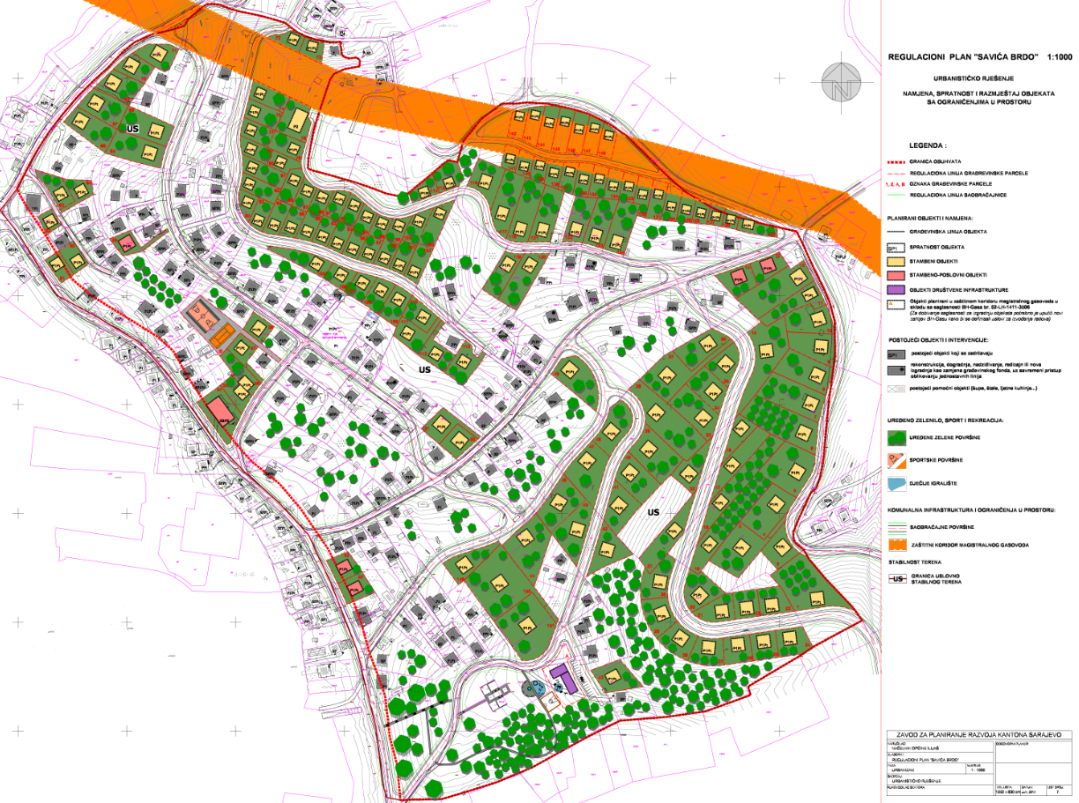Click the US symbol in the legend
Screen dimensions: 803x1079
(897, 578)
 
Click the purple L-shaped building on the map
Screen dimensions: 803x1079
(562, 679)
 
